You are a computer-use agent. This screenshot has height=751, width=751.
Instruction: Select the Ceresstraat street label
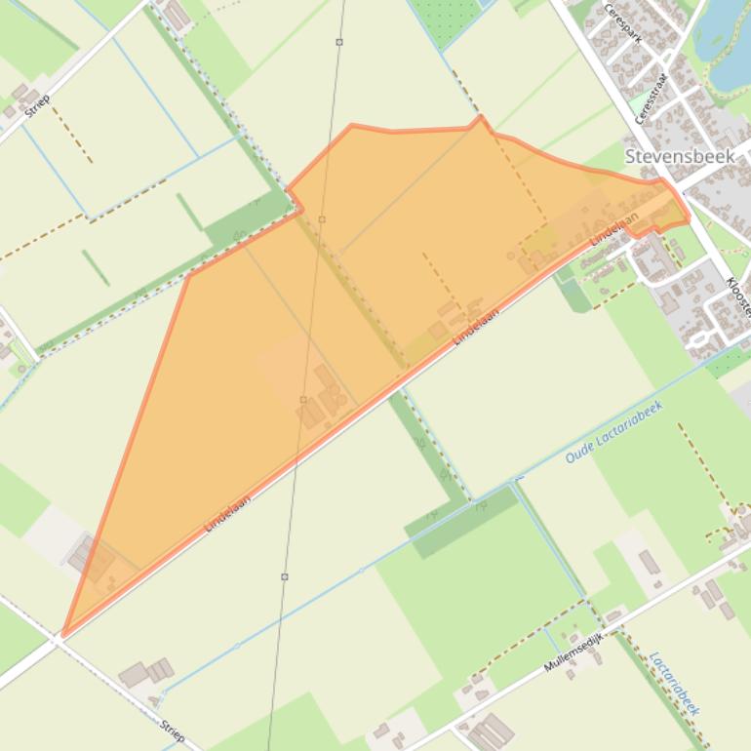click(x=650, y=98)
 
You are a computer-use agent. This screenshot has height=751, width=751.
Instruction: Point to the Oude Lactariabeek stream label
click(x=613, y=433)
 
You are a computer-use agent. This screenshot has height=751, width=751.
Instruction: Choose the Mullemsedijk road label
click(x=574, y=652)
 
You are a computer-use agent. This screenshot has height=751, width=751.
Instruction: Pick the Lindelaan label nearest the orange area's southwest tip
click(x=227, y=514)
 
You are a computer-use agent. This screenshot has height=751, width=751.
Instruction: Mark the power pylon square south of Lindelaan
click(x=285, y=576)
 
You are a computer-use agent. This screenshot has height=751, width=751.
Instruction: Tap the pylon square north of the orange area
click(x=339, y=42)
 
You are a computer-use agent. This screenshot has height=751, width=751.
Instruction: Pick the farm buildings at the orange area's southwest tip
click(x=94, y=560)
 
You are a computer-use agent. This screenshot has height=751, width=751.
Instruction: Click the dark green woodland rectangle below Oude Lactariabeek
click(x=463, y=522)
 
